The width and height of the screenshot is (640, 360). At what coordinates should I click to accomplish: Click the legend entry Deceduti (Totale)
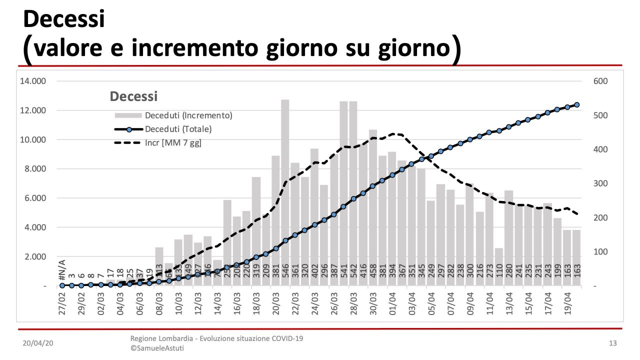pos(178,129)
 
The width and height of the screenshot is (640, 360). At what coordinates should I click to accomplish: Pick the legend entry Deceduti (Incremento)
pos(188,115)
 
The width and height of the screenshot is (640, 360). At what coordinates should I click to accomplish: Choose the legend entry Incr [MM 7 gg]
pos(173,143)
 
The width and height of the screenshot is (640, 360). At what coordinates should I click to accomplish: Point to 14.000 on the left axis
pos(33,81)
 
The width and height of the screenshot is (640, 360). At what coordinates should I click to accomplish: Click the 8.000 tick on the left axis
pos(35,169)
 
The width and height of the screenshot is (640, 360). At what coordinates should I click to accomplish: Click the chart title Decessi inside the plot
pos(133,96)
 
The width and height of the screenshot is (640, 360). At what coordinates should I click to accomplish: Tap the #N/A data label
pos(62,271)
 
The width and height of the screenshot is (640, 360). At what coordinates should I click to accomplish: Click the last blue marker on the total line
pos(576,105)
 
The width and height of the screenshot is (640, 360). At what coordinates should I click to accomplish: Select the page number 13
pos(612,343)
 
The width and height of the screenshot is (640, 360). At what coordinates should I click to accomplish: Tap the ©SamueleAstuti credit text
pos(157,348)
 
